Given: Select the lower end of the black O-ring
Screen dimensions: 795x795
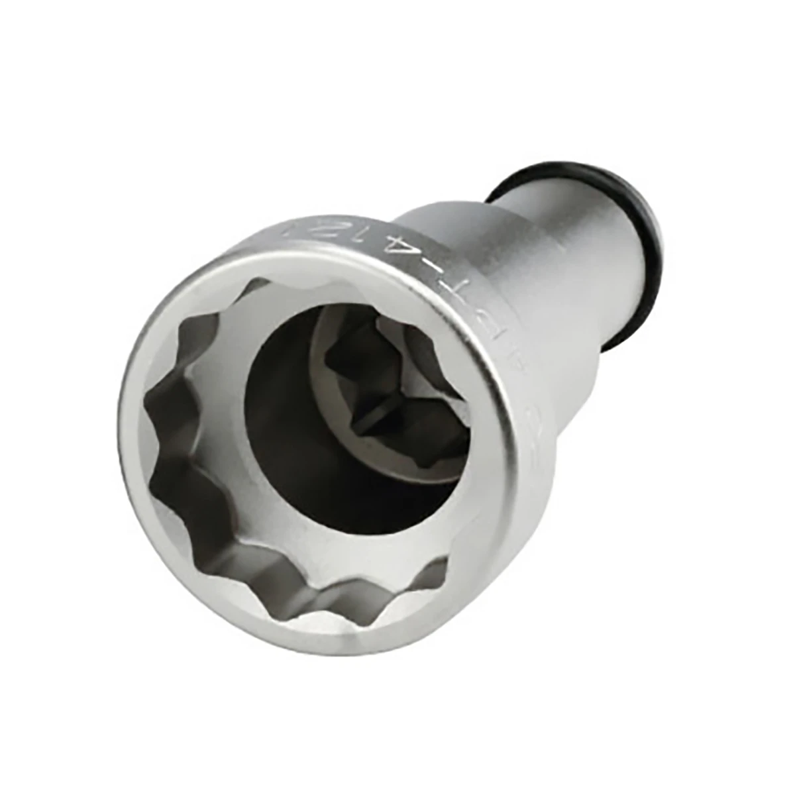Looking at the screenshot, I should pos(623,331).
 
